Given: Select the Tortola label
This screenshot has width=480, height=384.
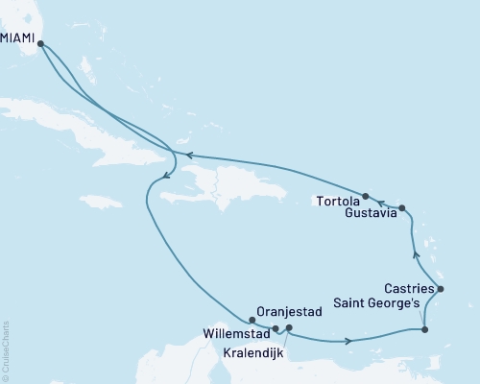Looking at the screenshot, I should (x=336, y=201).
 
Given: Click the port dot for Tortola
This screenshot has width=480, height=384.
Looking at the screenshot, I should (x=366, y=195).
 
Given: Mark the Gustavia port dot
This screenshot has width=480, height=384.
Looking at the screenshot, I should (x=402, y=208).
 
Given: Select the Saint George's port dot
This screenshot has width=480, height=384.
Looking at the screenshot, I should (x=425, y=330).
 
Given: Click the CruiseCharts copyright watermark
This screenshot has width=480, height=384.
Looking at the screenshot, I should (x=6, y=348).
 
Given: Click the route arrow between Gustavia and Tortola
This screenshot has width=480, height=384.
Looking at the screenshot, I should (x=381, y=202).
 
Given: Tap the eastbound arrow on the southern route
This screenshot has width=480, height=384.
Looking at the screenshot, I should (x=347, y=341).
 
